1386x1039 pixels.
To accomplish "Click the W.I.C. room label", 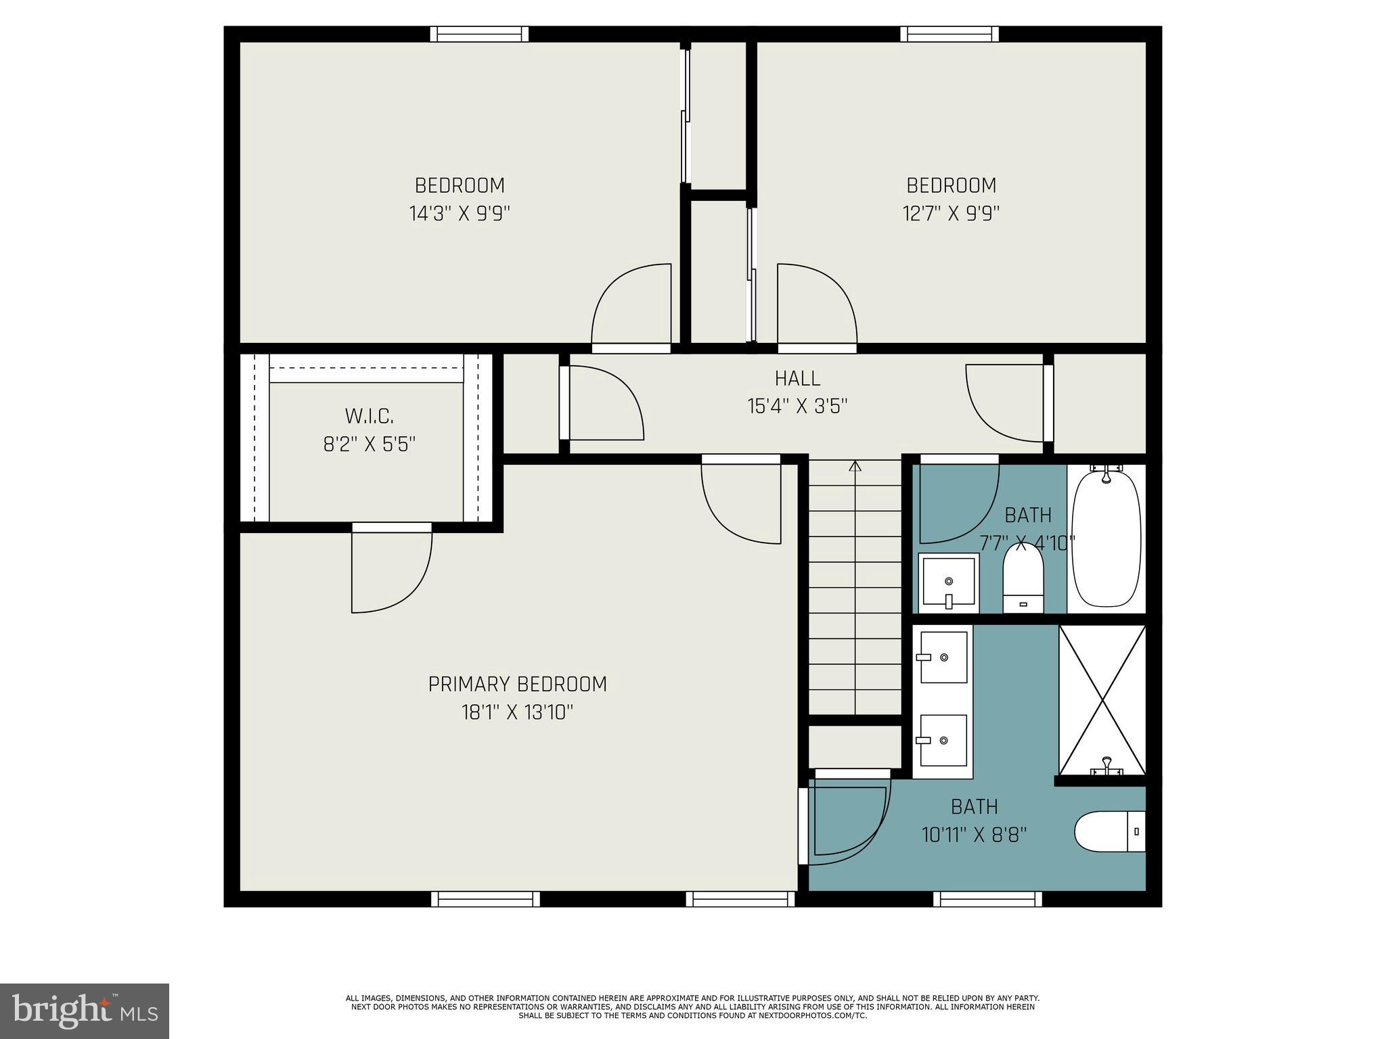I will pyautogui.click(x=369, y=415).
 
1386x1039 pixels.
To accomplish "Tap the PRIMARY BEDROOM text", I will pyautogui.click(x=517, y=684).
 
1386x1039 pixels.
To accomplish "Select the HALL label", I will pyautogui.click(x=797, y=378).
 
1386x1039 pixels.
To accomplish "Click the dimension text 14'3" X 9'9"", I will pyautogui.click(x=459, y=214).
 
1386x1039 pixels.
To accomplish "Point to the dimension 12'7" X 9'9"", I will pyautogui.click(x=951, y=214).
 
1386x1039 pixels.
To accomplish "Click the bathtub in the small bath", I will pyautogui.click(x=1107, y=539).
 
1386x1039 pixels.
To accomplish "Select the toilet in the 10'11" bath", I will pyautogui.click(x=1109, y=831).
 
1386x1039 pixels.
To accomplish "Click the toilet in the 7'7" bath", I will pyautogui.click(x=1023, y=579).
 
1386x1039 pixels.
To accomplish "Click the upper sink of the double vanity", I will pyautogui.click(x=943, y=657).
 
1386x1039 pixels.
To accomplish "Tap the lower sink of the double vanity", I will pyautogui.click(x=943, y=741).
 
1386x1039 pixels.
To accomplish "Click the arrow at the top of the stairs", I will pyautogui.click(x=855, y=466).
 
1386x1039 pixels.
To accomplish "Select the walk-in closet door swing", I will pyautogui.click(x=390, y=572).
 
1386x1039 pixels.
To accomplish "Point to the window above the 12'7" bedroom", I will pyautogui.click(x=949, y=34).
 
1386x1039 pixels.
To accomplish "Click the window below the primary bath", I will pyautogui.click(x=987, y=899).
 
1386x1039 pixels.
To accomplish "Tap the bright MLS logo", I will pyautogui.click(x=84, y=1011).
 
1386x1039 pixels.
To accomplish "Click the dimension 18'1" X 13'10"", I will pyautogui.click(x=517, y=712).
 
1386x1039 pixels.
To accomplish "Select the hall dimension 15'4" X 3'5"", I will pyautogui.click(x=797, y=407).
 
